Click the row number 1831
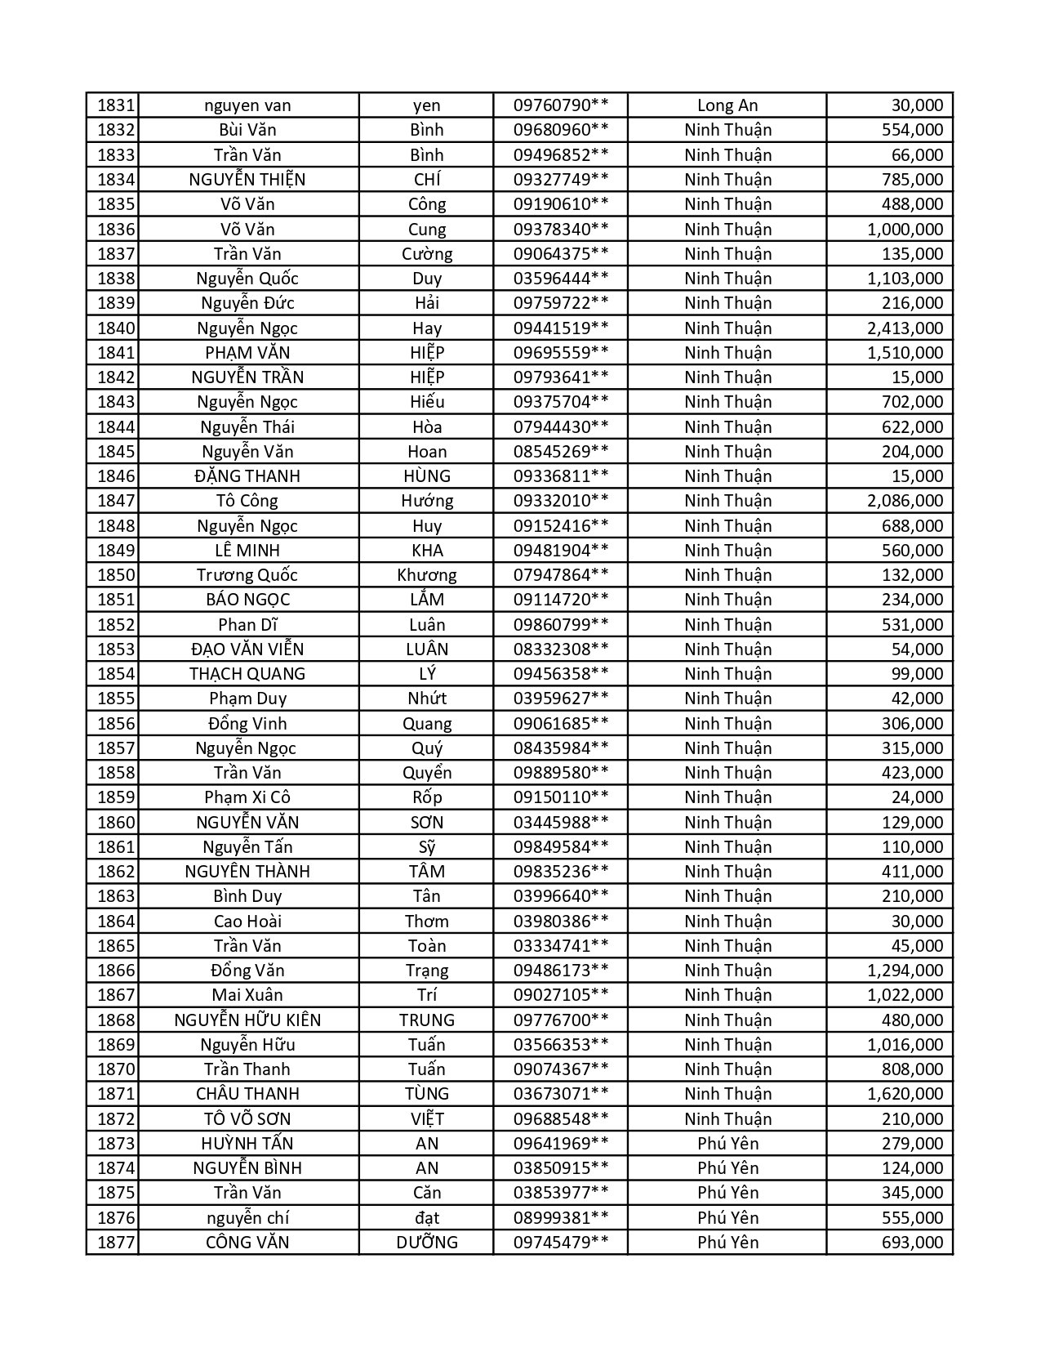pyautogui.click(x=115, y=105)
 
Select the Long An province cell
pyautogui.click(x=727, y=105)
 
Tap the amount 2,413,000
pyautogui.click(x=905, y=328)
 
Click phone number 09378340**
pyautogui.click(x=560, y=230)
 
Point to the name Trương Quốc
pyautogui.click(x=247, y=575)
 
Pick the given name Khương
pyautogui.click(x=426, y=575)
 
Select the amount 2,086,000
pyautogui.click(x=905, y=501)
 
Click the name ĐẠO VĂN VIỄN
pyautogui.click(x=247, y=649)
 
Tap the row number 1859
pyautogui.click(x=115, y=797)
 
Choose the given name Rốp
pyautogui.click(x=426, y=797)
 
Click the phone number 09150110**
pyautogui.click(x=560, y=797)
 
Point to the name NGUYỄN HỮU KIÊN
pyautogui.click(x=247, y=1020)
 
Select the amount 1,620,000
pyautogui.click(x=905, y=1094)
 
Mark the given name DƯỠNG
pyautogui.click(x=426, y=1243)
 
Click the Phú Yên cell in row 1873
pyautogui.click(x=727, y=1144)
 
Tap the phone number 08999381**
pyautogui.click(x=560, y=1218)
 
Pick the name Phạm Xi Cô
pyautogui.click(x=247, y=797)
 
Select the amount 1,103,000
pyautogui.click(x=905, y=279)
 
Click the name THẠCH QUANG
pyautogui.click(x=247, y=674)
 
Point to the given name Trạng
pyautogui.click(x=426, y=971)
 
